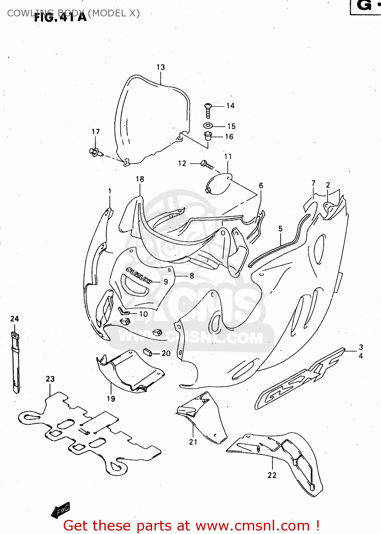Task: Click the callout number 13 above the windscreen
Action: coord(161,67)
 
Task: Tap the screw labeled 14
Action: coord(208,110)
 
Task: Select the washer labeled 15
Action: coord(208,125)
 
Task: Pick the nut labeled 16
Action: coord(208,136)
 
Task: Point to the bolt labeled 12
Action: coord(207,164)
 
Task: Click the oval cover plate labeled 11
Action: coord(218,184)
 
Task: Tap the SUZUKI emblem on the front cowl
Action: coord(139,275)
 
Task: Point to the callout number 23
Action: coord(50,379)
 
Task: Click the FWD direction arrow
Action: coord(61,510)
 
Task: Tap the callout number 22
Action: coord(272,475)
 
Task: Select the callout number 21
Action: coord(193,442)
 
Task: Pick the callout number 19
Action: coord(111,399)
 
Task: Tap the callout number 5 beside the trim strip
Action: coord(281,229)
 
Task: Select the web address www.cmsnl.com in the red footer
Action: coord(252,526)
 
